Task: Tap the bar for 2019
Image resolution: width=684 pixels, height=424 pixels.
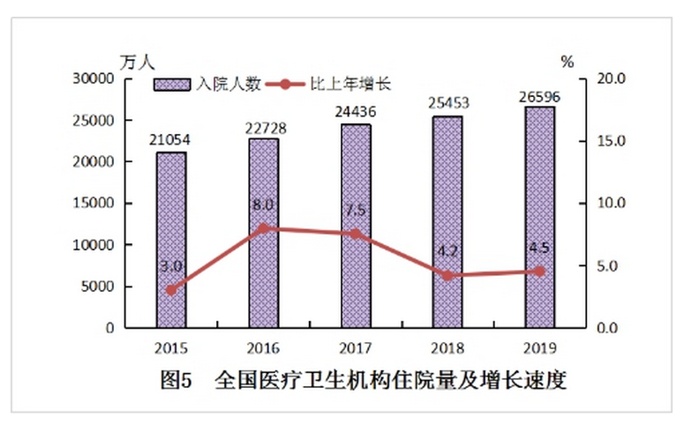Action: [x=539, y=217]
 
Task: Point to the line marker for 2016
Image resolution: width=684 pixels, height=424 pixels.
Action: [x=263, y=228]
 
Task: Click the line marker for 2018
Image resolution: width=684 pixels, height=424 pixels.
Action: [x=447, y=276]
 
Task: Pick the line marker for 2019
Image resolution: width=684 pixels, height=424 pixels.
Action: [x=539, y=272]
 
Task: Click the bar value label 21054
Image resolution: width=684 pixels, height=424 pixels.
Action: [x=171, y=140]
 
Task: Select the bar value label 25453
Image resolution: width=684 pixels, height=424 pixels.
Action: [x=447, y=102]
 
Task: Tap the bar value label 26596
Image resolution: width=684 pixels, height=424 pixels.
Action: [x=539, y=93]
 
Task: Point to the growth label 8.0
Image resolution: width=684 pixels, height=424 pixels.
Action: [x=263, y=205]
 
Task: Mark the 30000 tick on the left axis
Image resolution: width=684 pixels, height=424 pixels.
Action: [x=95, y=78]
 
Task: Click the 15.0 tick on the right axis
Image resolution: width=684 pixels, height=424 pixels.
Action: [x=610, y=141]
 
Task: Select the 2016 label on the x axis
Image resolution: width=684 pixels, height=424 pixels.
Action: [x=263, y=346]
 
